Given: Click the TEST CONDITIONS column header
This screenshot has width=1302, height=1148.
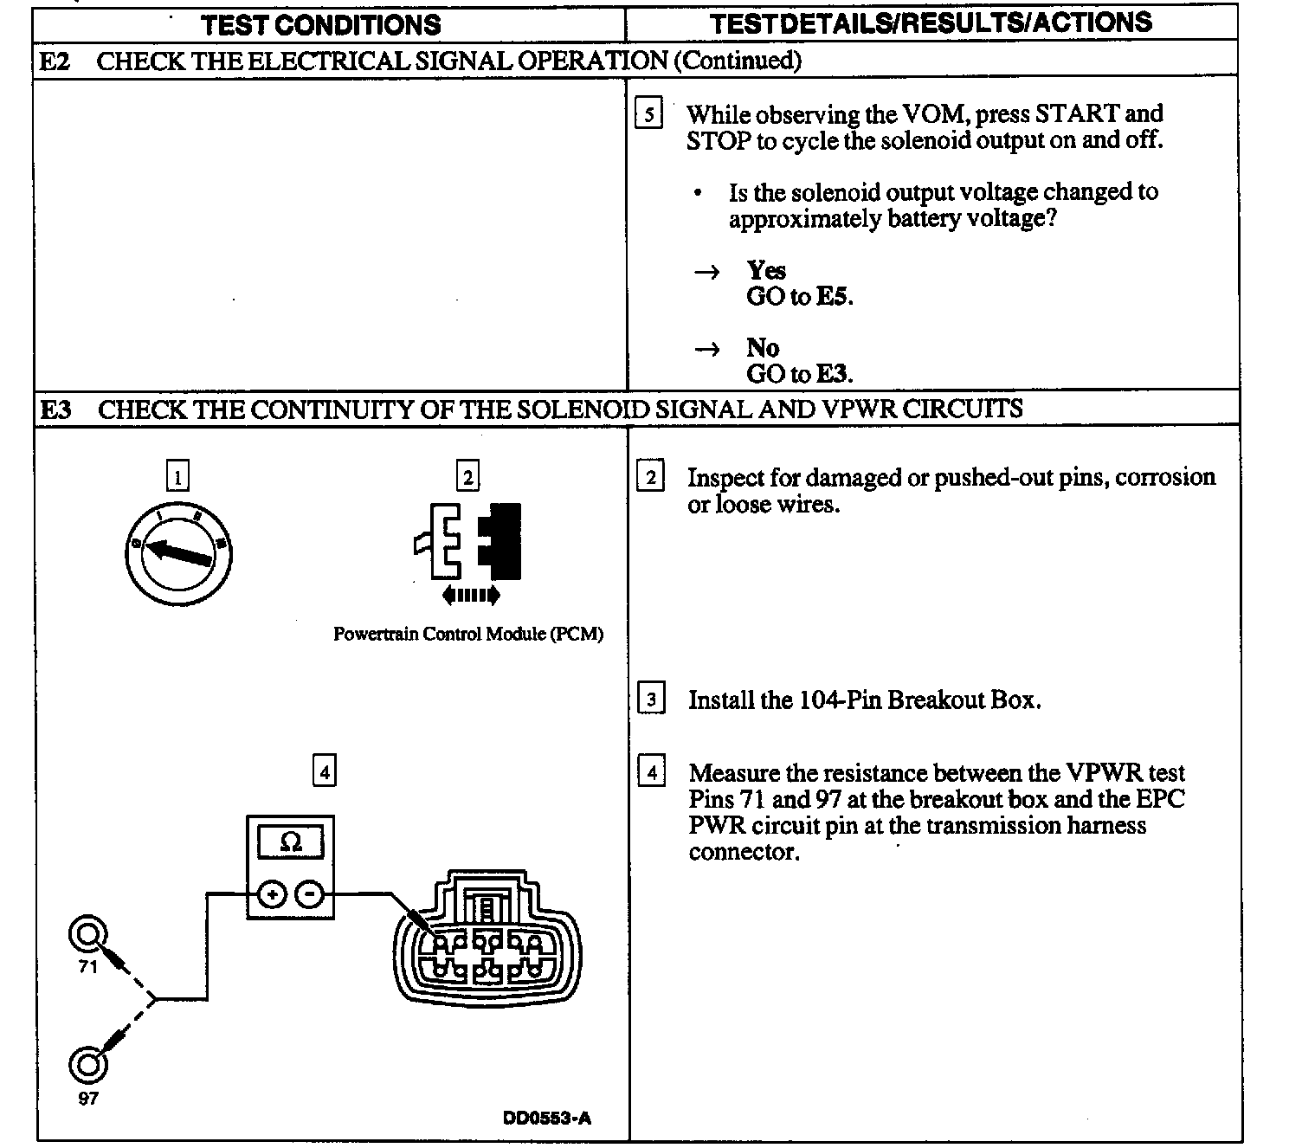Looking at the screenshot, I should (x=320, y=24).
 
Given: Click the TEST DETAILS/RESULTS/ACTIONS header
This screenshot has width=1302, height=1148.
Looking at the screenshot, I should (x=931, y=23).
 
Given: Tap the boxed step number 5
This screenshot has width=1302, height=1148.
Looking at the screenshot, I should (x=649, y=114).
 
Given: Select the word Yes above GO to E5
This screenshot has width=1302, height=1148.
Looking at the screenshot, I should (x=766, y=270).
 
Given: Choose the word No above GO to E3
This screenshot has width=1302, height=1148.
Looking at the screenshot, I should (x=763, y=348).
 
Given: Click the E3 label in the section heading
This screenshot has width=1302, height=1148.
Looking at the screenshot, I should (x=57, y=409).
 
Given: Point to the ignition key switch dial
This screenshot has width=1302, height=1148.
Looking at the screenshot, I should (x=177, y=552).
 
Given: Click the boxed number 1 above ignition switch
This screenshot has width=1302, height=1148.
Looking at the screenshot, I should (x=177, y=476).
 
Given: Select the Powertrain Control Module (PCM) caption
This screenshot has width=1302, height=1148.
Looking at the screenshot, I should (x=468, y=634).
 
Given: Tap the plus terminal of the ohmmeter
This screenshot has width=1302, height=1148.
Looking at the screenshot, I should (x=272, y=894).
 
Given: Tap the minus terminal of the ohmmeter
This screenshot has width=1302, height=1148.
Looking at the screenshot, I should (x=311, y=894).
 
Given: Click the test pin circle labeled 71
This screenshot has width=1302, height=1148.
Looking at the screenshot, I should (x=87, y=935).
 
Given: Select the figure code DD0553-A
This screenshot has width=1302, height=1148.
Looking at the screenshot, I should (x=547, y=1118).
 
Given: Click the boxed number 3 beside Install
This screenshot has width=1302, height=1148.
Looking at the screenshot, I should (x=651, y=699).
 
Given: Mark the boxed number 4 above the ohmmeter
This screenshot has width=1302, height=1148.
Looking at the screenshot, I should (x=324, y=771).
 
